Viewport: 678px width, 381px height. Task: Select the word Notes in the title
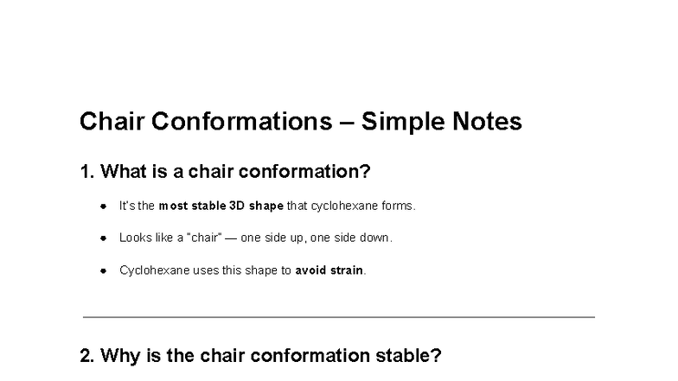point(488,122)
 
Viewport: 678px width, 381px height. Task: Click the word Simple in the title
point(402,122)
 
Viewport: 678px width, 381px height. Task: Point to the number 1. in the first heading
point(86,172)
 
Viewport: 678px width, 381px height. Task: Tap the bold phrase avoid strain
point(329,270)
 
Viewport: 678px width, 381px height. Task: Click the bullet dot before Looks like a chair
point(102,238)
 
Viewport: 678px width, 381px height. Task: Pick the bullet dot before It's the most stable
point(102,206)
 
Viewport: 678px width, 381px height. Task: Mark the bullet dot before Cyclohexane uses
point(102,270)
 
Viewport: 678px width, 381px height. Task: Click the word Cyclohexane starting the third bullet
point(148,270)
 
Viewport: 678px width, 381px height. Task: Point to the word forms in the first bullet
point(400,206)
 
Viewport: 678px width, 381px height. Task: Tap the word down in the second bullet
point(378,238)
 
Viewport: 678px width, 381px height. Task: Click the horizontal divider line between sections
point(339,317)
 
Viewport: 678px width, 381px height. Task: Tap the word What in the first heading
point(122,172)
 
